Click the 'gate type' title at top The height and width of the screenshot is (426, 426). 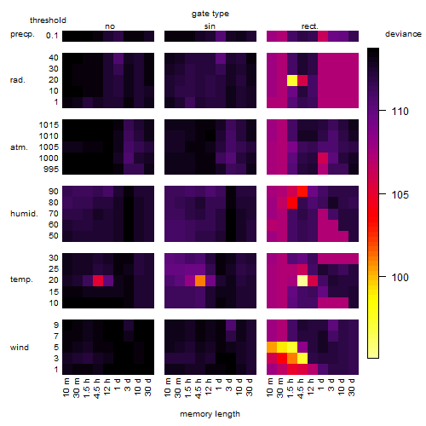210,14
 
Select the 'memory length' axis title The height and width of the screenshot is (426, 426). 210,414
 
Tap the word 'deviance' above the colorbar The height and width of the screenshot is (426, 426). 403,34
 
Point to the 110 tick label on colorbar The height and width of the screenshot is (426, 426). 400,111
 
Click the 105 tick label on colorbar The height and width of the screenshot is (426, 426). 400,194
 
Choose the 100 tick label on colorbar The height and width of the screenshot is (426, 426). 400,277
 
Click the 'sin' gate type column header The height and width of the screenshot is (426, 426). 210,26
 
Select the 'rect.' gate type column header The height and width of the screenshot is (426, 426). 309,26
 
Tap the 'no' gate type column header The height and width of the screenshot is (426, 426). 110,26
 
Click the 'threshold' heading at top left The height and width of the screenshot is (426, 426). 48,20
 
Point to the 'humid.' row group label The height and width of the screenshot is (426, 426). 24,213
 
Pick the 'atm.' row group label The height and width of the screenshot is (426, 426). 19,147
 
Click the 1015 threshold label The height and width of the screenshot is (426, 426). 49,124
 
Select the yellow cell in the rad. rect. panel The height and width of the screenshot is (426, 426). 292,80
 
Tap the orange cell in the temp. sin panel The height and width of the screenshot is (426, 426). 200,280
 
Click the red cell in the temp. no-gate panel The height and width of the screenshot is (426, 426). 98,280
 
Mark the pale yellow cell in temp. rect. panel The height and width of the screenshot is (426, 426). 302,280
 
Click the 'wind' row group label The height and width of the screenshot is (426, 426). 20,348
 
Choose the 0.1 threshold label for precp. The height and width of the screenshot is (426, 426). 52,36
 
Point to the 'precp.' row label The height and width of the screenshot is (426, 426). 22,34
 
